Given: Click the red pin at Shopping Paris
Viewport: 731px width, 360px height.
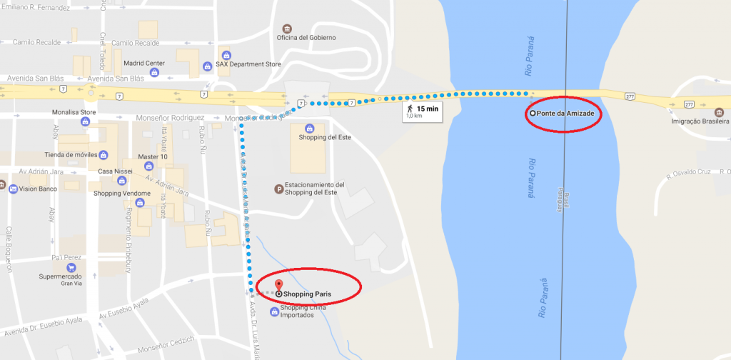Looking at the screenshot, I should [x=278, y=286].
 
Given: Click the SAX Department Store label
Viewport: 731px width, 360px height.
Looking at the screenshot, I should [x=248, y=64].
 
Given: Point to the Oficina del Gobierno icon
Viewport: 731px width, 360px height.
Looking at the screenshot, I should [x=288, y=27].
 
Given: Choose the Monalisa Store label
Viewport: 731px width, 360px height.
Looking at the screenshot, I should [x=74, y=112].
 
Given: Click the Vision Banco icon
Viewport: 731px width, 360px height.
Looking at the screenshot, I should [x=13, y=189].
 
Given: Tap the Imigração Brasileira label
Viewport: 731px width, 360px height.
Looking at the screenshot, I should [x=700, y=122].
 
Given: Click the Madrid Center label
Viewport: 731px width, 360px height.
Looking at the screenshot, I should [x=143, y=63].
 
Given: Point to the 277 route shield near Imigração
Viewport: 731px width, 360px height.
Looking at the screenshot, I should [x=689, y=104].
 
